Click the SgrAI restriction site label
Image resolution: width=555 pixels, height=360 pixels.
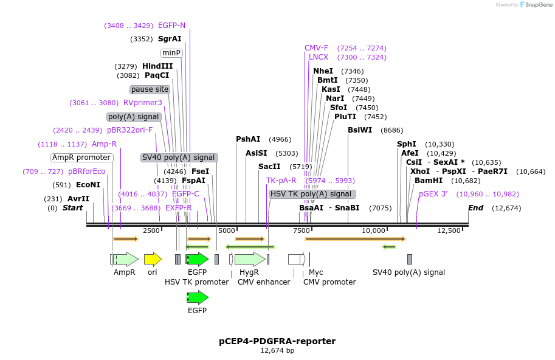pos(170,39)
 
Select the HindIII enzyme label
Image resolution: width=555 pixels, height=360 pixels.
pos(157,66)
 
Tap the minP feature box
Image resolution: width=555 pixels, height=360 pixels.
pos(172,53)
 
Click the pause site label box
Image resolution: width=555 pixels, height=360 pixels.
pos(150,89)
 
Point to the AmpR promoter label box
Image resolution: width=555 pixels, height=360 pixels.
pos(81,157)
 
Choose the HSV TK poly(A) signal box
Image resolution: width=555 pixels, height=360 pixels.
pos(312,194)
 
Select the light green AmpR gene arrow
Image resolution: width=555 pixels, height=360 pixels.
pos(126,260)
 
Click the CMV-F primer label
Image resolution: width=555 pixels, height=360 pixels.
pos(316,48)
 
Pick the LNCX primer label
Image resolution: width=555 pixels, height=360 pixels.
pos(319,57)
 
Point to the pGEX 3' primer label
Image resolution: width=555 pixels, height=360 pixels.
pos(433,194)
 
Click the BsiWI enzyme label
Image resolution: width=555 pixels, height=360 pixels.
pos(360,130)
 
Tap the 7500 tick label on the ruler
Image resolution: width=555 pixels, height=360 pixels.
pos(302,230)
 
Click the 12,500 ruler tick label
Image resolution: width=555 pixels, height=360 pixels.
pos(449,230)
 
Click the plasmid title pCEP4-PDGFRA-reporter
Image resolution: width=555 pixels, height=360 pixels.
pos(277,341)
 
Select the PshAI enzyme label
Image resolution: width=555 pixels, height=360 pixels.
pos(248,139)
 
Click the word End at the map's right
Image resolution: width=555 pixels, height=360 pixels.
pos(475,208)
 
